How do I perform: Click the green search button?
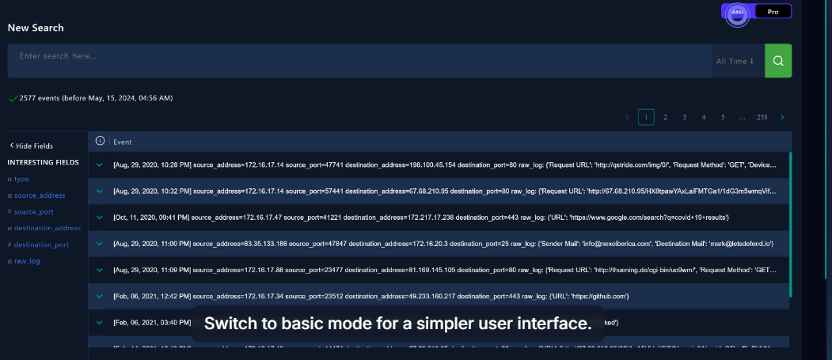click(778, 61)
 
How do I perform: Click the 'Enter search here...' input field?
click(356, 57)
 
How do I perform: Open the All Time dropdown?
click(735, 61)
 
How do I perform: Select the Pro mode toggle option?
click(773, 12)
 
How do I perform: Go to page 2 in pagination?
click(665, 117)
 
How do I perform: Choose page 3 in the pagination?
click(685, 117)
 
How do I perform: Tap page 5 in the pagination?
click(723, 117)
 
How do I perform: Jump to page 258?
click(762, 117)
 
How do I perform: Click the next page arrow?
click(782, 117)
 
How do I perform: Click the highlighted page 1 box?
click(646, 117)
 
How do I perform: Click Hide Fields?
click(32, 146)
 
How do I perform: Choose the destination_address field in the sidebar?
click(47, 228)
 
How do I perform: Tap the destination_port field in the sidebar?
click(41, 244)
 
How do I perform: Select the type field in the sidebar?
click(21, 179)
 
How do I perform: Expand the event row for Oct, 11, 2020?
click(100, 217)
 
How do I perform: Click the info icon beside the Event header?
click(100, 142)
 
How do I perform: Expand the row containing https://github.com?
click(100, 296)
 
